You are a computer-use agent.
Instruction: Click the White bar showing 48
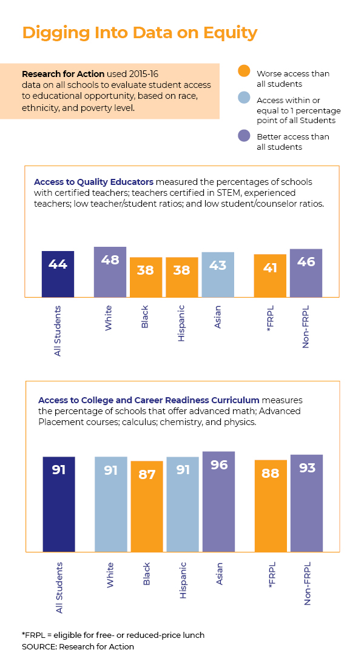(x=110, y=272)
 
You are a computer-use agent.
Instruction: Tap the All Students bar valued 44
(x=58, y=274)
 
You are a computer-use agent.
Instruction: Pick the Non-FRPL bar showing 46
(x=306, y=273)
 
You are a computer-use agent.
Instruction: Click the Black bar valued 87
(x=147, y=506)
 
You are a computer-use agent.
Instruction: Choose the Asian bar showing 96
(x=218, y=501)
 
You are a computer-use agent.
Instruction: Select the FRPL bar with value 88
(x=271, y=506)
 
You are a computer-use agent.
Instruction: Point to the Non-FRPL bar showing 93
(x=306, y=503)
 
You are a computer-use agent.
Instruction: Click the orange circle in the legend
(x=244, y=72)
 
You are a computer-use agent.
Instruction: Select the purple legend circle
(x=244, y=135)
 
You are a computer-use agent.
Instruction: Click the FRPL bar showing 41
(x=270, y=276)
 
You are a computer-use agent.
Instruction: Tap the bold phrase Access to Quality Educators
(x=94, y=182)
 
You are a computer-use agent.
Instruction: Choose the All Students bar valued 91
(x=59, y=504)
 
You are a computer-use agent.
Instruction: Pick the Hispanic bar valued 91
(x=183, y=504)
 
